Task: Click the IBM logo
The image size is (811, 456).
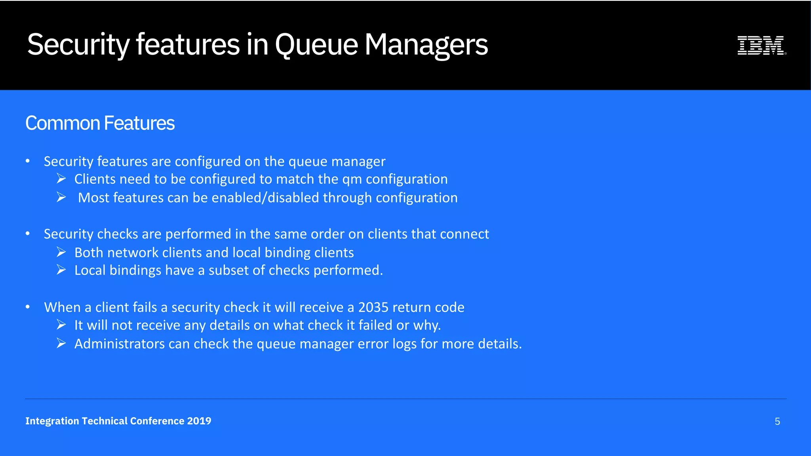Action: pos(761,45)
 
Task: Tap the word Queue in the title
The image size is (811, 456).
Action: pos(316,44)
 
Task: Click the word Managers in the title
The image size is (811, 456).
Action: pos(426,44)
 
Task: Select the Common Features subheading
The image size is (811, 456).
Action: pos(100,123)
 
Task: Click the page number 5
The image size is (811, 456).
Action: pos(777,422)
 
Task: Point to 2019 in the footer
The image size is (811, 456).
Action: pos(199,421)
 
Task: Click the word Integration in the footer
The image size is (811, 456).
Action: pos(52,421)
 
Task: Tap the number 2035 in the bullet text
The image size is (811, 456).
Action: pos(373,308)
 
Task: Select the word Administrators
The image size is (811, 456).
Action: pos(120,344)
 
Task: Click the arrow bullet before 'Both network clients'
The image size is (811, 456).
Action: pos(61,252)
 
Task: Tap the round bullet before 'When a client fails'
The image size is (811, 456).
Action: pos(28,307)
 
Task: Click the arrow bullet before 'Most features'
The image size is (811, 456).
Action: pos(61,197)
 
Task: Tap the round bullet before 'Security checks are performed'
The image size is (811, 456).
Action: pos(28,234)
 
